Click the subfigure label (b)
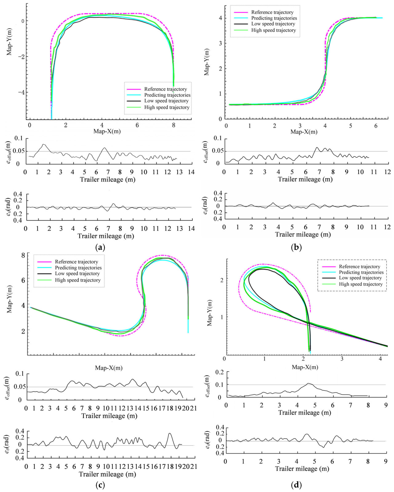click(296, 247)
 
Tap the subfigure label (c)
click(100, 485)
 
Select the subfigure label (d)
click(296, 485)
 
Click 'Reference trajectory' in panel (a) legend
click(165, 89)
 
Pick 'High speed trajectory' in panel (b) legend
click(273, 30)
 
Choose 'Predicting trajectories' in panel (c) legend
click(78, 268)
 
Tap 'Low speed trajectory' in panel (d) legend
click(360, 278)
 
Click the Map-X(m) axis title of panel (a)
click(107, 131)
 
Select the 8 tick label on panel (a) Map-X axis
click(174, 125)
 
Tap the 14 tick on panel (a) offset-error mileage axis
click(191, 172)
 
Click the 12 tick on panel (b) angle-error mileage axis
click(387, 227)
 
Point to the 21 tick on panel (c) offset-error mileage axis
click(193, 408)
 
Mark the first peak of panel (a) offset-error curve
click(44, 144)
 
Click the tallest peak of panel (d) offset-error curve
click(309, 383)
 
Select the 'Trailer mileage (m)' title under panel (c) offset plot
click(109, 416)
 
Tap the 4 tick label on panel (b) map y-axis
click(220, 18)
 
